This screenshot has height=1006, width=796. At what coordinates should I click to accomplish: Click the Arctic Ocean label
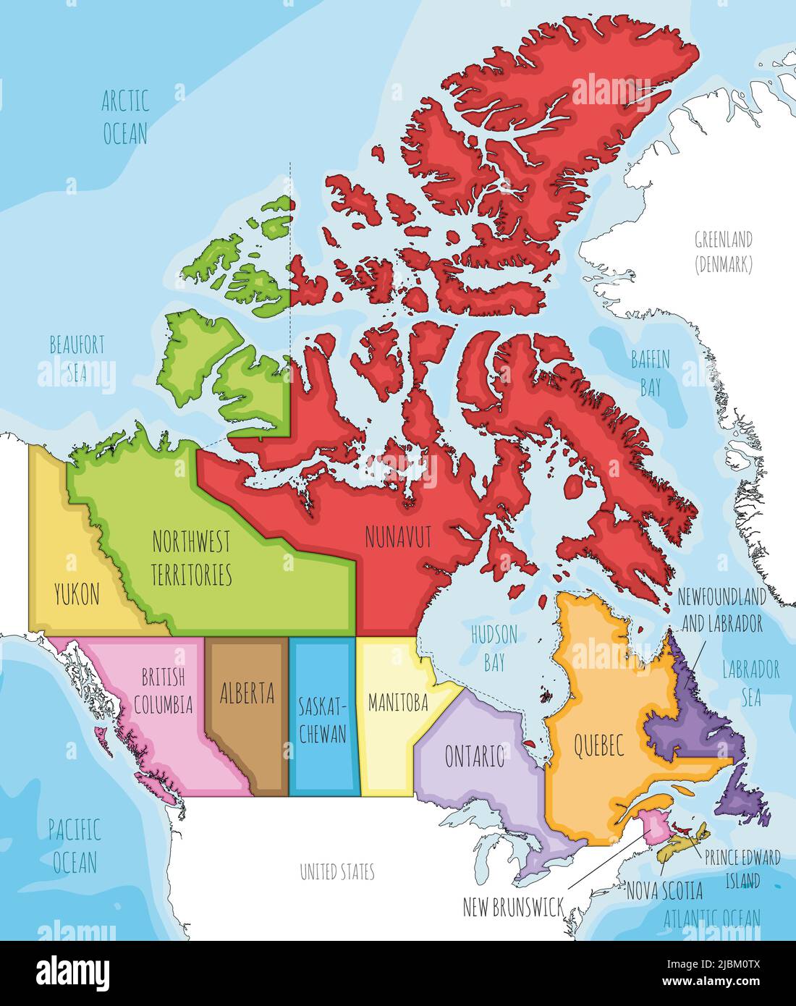pos(125,117)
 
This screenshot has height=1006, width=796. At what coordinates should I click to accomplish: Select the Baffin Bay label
pos(650,373)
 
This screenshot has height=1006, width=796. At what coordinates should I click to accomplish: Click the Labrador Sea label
pos(750,682)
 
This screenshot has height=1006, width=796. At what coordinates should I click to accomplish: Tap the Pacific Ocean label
pos(75,845)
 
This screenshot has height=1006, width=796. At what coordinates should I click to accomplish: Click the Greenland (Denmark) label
pos(723,251)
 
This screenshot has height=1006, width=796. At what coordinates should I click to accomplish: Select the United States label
pos(337,872)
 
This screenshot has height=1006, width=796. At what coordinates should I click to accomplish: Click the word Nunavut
pos(398,537)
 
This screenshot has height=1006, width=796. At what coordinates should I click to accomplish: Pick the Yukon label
pos(77,595)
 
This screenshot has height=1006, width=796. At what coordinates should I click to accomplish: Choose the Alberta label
pos(247,693)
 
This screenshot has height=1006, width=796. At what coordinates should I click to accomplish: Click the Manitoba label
pos(397,702)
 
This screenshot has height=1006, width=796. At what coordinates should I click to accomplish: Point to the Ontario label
pos(474,757)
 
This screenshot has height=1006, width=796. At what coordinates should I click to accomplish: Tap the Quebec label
pos(598,745)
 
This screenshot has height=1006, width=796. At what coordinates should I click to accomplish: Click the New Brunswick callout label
pos(513,908)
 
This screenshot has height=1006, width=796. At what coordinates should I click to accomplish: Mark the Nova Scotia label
pos(664,890)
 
